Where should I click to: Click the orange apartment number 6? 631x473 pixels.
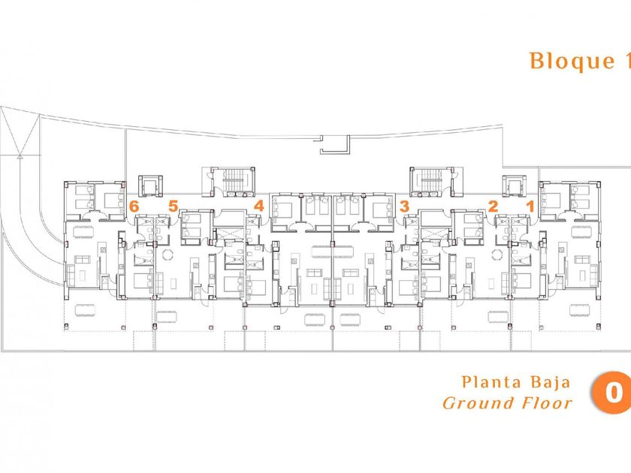(134, 206)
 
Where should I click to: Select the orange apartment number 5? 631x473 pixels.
(173, 206)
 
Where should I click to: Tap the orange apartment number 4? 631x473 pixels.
(258, 206)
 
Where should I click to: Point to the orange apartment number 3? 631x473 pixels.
(404, 206)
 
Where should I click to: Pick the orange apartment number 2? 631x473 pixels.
(493, 206)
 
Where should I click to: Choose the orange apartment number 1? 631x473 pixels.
(531, 206)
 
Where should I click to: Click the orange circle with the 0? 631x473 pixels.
(611, 393)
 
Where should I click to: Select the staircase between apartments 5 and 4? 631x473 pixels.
(228, 182)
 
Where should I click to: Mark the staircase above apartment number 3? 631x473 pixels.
(433, 182)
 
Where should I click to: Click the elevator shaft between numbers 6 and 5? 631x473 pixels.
(150, 186)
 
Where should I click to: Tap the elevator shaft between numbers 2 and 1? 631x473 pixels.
(515, 186)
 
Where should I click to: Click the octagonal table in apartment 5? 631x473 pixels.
(168, 255)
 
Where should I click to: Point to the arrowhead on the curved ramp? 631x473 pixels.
(20, 157)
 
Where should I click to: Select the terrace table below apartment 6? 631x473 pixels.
(85, 310)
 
